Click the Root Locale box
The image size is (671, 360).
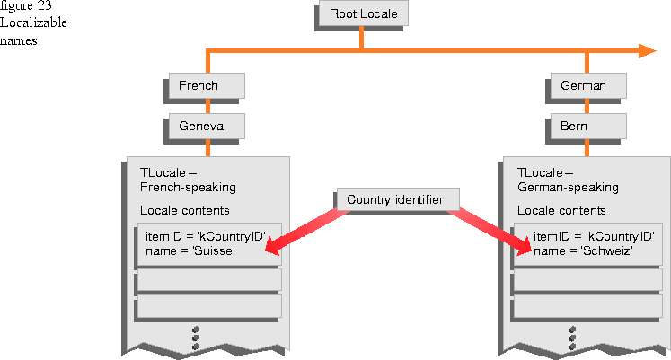(x=364, y=13)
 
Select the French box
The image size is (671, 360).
(x=207, y=85)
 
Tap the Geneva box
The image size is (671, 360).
(x=207, y=126)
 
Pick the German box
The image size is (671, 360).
(x=588, y=85)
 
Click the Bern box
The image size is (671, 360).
(x=588, y=126)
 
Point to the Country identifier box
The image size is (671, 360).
(x=398, y=199)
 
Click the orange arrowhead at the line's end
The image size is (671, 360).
(x=647, y=51)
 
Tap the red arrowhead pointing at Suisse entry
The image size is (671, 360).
(x=275, y=246)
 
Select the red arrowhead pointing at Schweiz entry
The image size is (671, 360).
(x=522, y=247)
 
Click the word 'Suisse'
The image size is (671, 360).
(x=215, y=250)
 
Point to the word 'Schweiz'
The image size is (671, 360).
(x=607, y=250)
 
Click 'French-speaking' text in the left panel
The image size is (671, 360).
(x=188, y=188)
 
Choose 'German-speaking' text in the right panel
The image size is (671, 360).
(x=568, y=188)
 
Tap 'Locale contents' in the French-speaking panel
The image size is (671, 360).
(x=185, y=210)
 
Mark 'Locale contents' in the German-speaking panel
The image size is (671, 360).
(x=561, y=210)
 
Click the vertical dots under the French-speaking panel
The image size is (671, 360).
(x=196, y=338)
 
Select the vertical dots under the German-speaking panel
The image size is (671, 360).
(x=572, y=338)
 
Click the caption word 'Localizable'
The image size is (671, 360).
(x=33, y=22)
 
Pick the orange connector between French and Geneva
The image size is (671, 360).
(x=208, y=106)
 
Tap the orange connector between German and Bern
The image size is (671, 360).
(x=587, y=106)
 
